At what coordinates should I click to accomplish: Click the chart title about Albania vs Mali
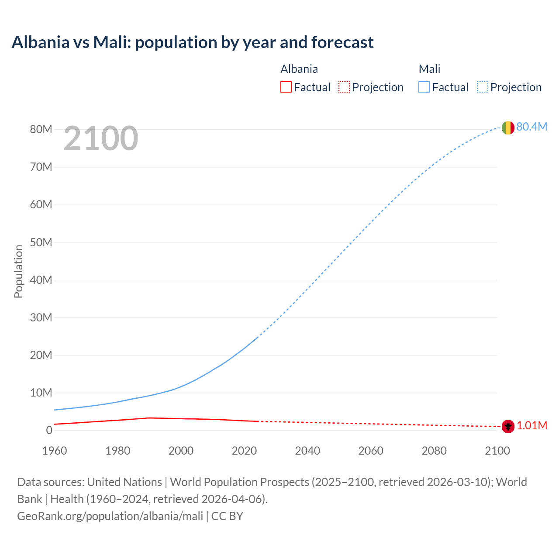[x=193, y=42]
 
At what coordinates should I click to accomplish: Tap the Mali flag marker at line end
[x=507, y=128]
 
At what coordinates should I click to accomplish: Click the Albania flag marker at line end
[x=507, y=426]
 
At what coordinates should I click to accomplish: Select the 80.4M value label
[x=531, y=127]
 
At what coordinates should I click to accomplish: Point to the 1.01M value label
[x=531, y=426]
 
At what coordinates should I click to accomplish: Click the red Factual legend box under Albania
[x=286, y=87]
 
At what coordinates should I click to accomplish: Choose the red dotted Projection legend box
[x=344, y=87]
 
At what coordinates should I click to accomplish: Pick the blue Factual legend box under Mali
[x=424, y=87]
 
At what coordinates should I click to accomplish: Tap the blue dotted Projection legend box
[x=482, y=87]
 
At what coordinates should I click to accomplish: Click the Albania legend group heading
[x=299, y=69]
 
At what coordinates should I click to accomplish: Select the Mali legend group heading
[x=429, y=69]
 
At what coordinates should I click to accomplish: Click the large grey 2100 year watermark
[x=101, y=138]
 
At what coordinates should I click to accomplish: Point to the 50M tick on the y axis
[x=41, y=242]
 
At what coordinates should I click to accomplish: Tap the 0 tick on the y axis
[x=49, y=430]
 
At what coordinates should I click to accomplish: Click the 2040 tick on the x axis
[x=307, y=451]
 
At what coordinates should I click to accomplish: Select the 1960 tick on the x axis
[x=55, y=451]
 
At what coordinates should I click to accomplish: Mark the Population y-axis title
[x=18, y=271]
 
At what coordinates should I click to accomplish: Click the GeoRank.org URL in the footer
[x=110, y=516]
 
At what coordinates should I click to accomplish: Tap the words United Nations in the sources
[x=124, y=482]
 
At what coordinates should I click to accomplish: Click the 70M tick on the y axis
[x=41, y=167]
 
